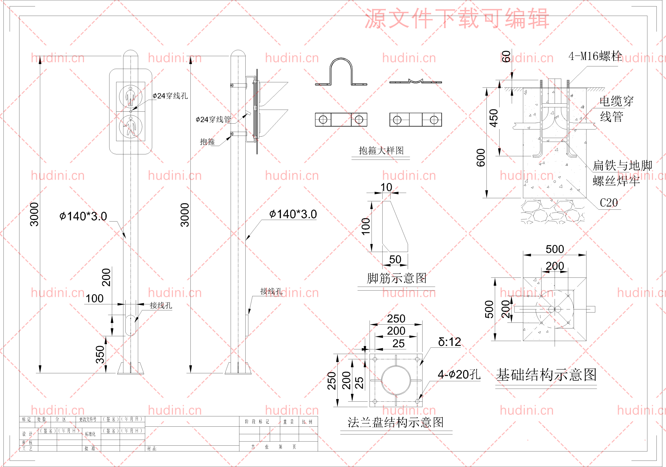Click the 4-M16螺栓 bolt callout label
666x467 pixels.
[595, 56]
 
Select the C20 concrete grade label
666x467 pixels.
[609, 203]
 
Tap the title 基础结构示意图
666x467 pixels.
[546, 375]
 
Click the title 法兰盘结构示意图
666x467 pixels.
[396, 422]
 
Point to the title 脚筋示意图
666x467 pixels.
[396, 278]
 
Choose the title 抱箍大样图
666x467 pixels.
[381, 150]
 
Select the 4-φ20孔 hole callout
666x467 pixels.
[459, 374]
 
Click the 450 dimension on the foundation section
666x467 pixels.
[494, 118]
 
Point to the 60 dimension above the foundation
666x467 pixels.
[506, 56]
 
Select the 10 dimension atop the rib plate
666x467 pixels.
[386, 187]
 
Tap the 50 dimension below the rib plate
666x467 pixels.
[395, 260]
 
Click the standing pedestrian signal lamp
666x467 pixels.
[131, 96]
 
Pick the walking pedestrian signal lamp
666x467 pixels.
[131, 127]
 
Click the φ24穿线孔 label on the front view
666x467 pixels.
[170, 96]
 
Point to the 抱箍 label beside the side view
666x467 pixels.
[207, 142]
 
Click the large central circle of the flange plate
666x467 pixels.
[396, 380]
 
